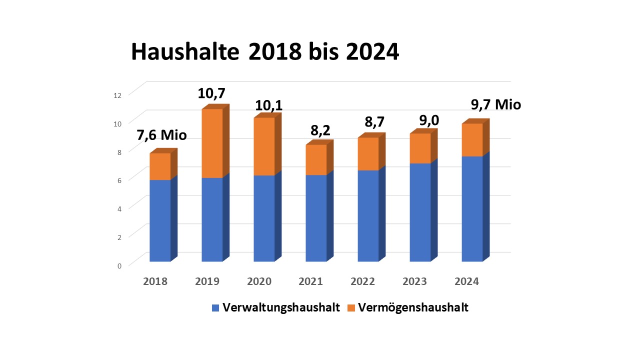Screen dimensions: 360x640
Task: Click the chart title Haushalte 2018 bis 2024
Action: pyautogui.click(x=265, y=52)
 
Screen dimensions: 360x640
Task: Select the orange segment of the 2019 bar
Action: pyautogui.click(x=212, y=143)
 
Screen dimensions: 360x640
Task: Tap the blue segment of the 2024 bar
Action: pyautogui.click(x=472, y=209)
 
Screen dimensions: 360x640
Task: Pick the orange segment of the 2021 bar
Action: pyautogui.click(x=316, y=160)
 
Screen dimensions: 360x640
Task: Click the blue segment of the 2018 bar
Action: pyautogui.click(x=160, y=220)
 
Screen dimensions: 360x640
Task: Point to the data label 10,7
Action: pyautogui.click(x=212, y=93)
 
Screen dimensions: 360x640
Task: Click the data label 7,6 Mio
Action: pyautogui.click(x=162, y=135)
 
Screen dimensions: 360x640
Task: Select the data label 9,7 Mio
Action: pyautogui.click(x=496, y=105)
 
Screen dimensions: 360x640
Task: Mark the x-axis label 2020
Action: pyautogui.click(x=259, y=281)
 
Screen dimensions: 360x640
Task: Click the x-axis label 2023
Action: pyautogui.click(x=415, y=281)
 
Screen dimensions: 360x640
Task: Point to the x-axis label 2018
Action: pyautogui.click(x=155, y=281)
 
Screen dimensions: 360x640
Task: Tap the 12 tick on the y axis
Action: pyautogui.click(x=118, y=95)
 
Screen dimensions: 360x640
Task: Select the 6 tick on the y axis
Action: pyautogui.click(x=119, y=180)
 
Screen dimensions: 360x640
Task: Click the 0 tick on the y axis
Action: pyautogui.click(x=119, y=265)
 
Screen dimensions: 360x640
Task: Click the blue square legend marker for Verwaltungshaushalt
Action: pyautogui.click(x=215, y=308)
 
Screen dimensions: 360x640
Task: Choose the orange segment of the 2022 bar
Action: pyautogui.click(x=368, y=154)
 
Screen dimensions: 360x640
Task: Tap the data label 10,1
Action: pyautogui.click(x=269, y=106)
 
